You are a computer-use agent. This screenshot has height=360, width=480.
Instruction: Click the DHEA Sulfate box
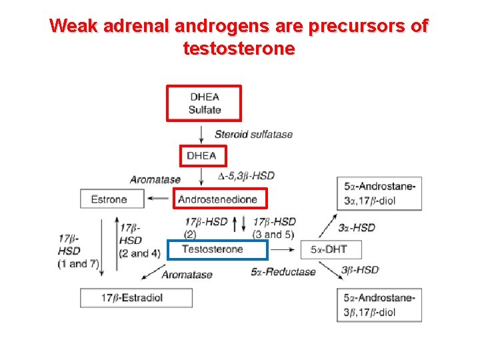point(203,103)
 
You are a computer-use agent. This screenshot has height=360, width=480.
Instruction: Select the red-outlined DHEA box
point(203,156)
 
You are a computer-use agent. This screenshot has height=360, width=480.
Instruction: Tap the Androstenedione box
point(221,198)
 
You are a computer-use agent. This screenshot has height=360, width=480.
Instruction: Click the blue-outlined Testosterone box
point(216,249)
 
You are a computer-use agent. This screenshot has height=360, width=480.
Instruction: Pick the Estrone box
point(112,199)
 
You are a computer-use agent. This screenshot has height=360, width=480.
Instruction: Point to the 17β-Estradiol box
point(136,298)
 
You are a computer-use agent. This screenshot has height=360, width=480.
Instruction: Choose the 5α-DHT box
point(328,250)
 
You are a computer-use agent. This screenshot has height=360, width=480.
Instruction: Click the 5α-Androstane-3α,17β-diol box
point(379,193)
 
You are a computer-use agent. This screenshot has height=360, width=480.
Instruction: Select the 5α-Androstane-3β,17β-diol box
point(379,305)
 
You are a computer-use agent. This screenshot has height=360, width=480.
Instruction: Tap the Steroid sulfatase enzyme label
point(253,134)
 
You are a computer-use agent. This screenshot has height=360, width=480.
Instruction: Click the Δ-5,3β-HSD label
point(246,176)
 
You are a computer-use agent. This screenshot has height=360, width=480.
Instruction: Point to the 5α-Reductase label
point(283,272)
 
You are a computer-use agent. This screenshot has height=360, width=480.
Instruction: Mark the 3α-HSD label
point(357,227)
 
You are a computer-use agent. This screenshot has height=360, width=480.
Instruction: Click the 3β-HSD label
point(360,270)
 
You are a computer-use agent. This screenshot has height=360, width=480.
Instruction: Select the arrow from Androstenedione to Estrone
point(159,198)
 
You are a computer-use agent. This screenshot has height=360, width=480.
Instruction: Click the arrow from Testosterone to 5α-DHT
point(283,249)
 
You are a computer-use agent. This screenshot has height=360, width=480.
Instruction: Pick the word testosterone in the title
point(237,49)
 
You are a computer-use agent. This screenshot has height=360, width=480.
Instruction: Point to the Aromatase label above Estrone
point(155,179)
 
